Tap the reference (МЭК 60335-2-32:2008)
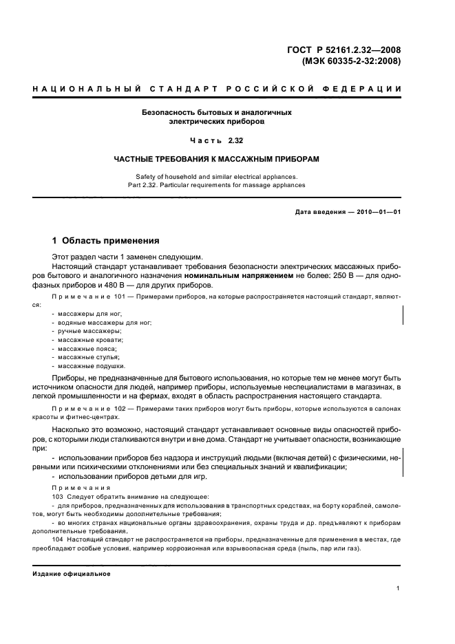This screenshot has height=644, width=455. tap(351, 61)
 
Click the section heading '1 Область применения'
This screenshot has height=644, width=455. tap(106, 241)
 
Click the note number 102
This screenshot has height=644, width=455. tap(120, 409)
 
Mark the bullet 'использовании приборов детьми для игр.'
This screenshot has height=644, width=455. tap(129, 478)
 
